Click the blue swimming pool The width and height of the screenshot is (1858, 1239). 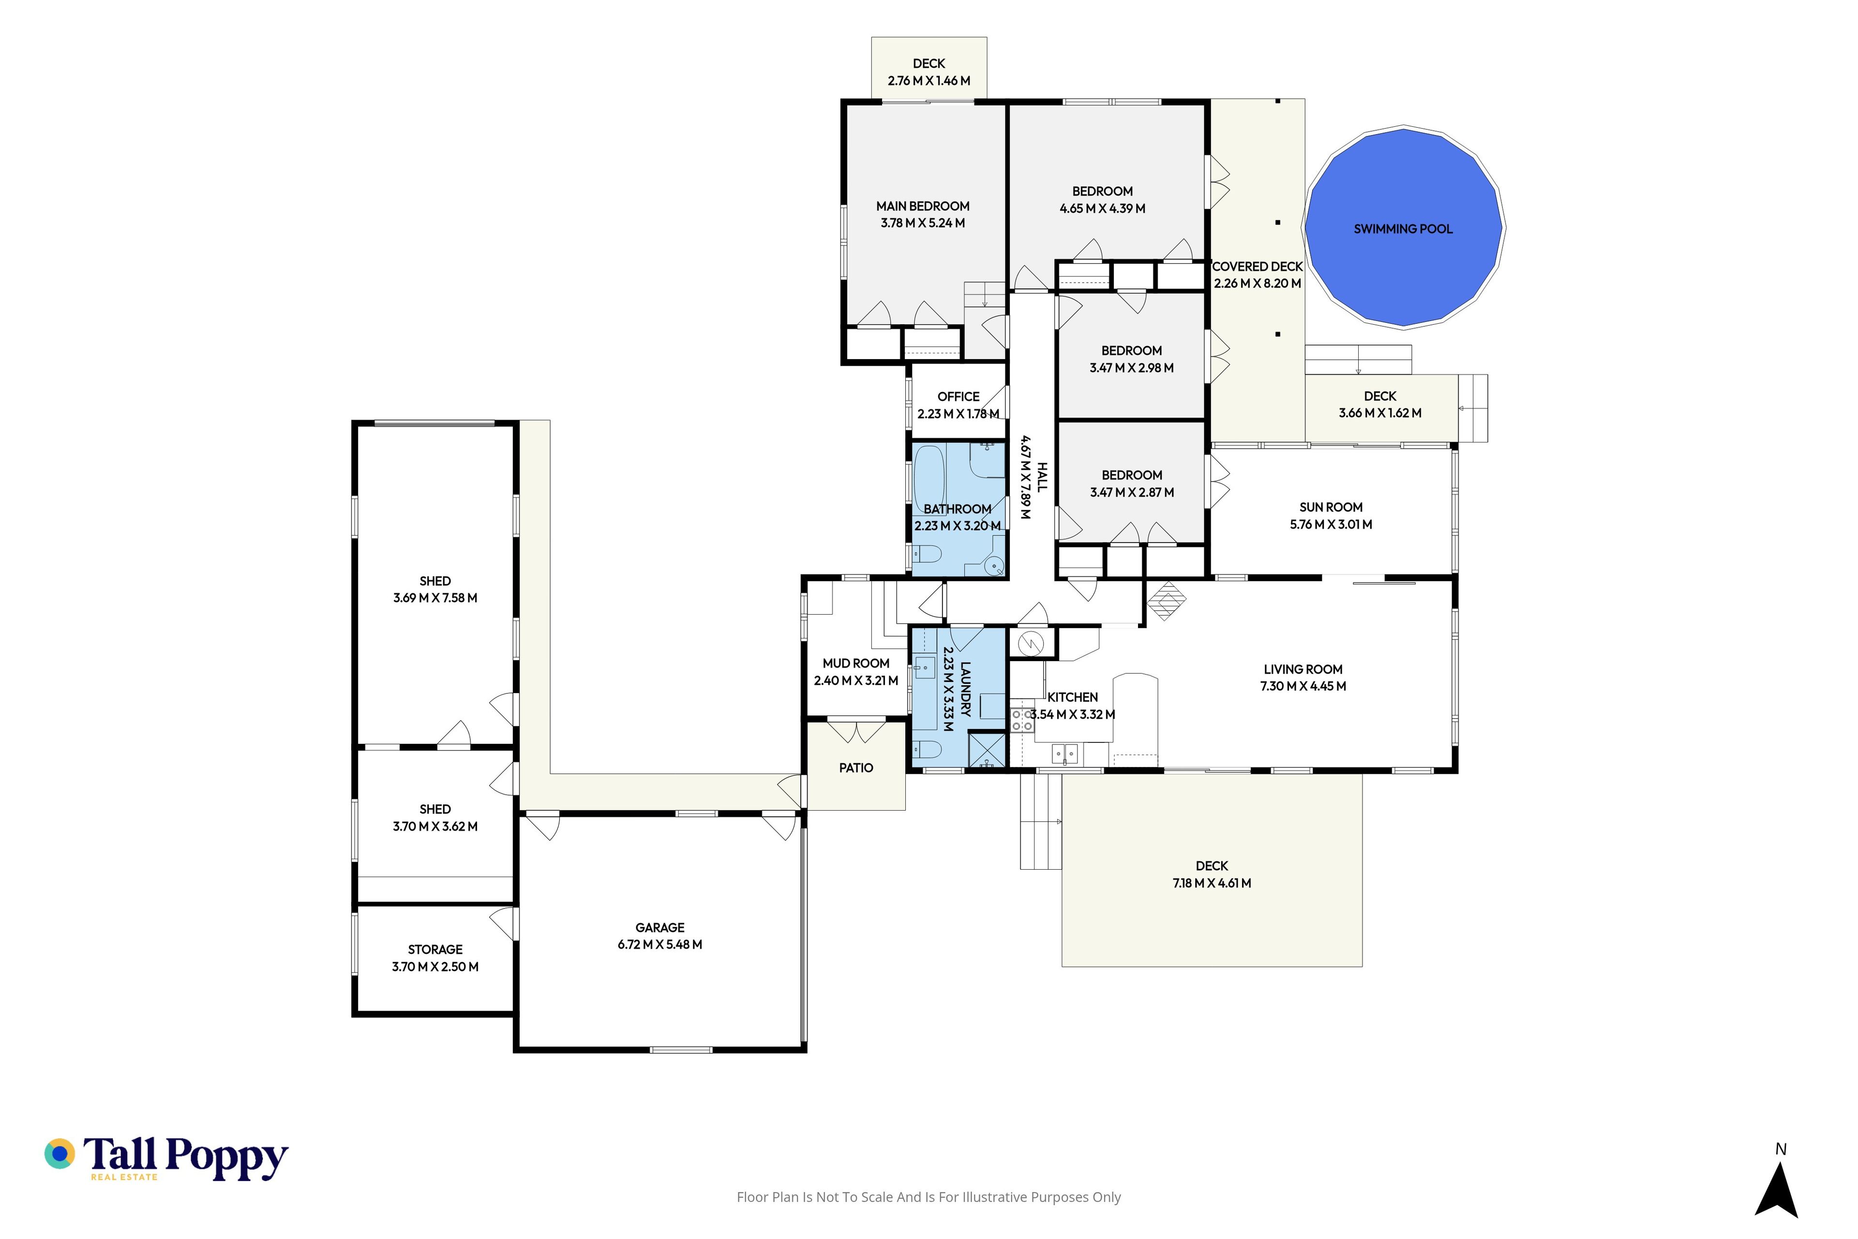[1403, 227]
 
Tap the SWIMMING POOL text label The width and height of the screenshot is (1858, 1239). [1403, 229]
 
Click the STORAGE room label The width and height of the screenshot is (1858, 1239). [435, 950]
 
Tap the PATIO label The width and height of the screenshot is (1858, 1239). [856, 768]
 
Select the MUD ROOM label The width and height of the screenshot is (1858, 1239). [856, 664]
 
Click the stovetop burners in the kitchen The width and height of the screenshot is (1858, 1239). [1022, 720]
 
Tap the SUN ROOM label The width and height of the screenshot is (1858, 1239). [1331, 507]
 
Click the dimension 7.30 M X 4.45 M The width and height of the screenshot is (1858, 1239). [1304, 687]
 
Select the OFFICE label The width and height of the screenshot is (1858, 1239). [958, 397]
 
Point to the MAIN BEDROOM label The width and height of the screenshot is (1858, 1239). [923, 206]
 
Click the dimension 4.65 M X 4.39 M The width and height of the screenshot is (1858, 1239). [1103, 209]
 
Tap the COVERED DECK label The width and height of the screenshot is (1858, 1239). [1258, 267]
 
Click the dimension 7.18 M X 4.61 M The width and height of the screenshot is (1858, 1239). [1212, 883]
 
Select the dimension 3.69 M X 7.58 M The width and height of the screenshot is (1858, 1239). [435, 598]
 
